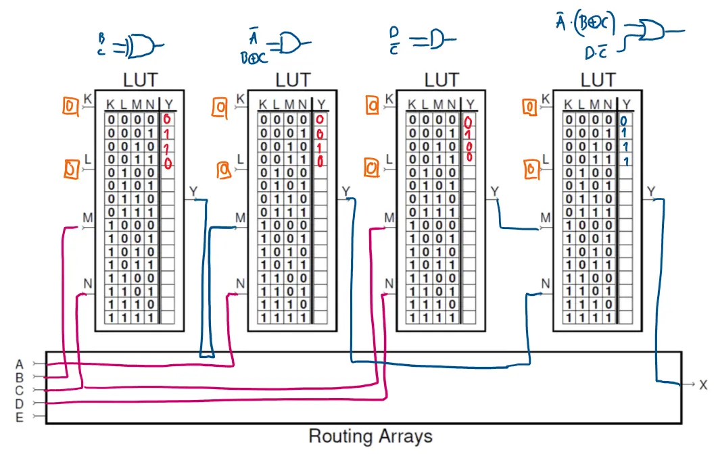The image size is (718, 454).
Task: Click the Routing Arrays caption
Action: [370, 436]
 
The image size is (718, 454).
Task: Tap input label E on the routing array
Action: [19, 417]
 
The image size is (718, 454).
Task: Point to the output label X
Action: [703, 385]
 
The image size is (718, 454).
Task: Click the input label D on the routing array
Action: [19, 403]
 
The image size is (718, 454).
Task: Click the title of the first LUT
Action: [140, 80]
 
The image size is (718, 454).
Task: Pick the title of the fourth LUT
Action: [598, 80]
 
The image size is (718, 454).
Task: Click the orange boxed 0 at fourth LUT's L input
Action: [531, 170]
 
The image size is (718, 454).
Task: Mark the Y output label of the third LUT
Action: [495, 192]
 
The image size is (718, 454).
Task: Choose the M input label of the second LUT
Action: [240, 218]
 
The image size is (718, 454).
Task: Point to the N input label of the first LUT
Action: [87, 282]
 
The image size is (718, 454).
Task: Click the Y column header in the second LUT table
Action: [321, 105]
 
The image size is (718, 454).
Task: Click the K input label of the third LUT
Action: [389, 99]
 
